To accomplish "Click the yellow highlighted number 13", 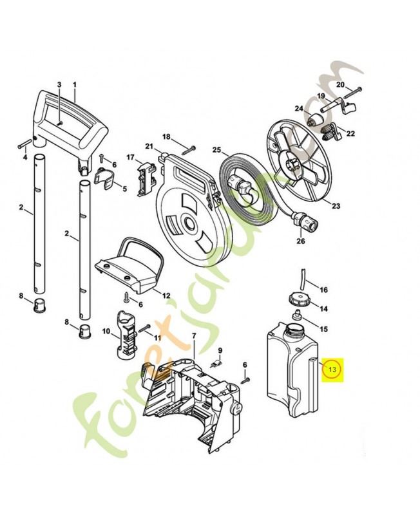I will coord(333,370).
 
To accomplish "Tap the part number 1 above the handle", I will coord(74,85).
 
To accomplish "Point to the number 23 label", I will coord(336,206).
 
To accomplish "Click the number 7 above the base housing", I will coord(193,337).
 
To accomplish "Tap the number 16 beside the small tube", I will coord(324,290).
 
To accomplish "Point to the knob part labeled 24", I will coord(314,121).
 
